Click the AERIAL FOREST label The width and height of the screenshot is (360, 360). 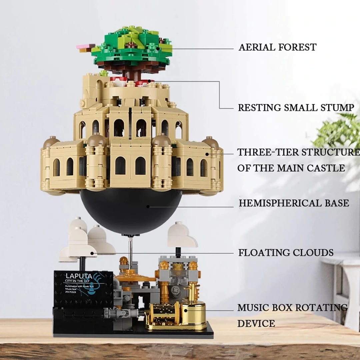pos(277,47)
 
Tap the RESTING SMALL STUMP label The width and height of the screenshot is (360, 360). pos(296,108)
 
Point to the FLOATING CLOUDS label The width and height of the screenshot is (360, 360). pos(286,253)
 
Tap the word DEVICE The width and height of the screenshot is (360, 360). pos(256,323)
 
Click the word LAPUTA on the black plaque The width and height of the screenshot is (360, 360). pos(77,276)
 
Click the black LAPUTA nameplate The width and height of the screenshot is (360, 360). pos(83,288)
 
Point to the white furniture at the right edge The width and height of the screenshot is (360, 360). pos(343,283)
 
